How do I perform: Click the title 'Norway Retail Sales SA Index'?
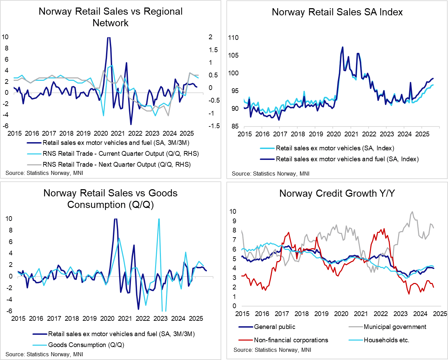tap(337, 12)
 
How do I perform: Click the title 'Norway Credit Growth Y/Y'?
tap(337, 194)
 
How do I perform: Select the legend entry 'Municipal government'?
tap(394, 327)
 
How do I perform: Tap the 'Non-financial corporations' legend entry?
tap(291, 340)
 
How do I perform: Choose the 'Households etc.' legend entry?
tap(386, 340)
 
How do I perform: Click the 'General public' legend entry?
tap(274, 327)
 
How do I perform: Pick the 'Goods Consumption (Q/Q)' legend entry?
tap(86, 345)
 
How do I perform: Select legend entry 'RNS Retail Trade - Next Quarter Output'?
tap(116, 165)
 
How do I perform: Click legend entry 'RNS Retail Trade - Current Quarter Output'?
tap(120, 154)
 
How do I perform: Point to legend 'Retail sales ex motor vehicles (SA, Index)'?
tap(335, 148)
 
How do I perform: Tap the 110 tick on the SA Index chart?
tap(234, 38)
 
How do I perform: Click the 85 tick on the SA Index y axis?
tap(235, 126)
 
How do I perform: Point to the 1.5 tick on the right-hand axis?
tap(213, 50)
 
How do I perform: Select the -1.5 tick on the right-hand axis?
tap(214, 126)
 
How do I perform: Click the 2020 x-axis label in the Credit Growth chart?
tap(341, 314)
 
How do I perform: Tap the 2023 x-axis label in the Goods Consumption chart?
tap(160, 318)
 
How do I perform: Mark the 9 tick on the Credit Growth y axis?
tap(233, 221)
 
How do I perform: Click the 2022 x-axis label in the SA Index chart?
tap(369, 134)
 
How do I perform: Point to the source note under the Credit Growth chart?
tap(272, 350)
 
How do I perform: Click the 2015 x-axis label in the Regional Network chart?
tap(14, 133)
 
